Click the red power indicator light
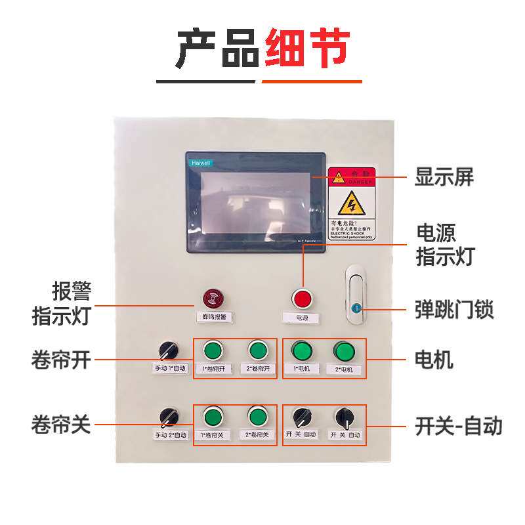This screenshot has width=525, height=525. coord(302,299)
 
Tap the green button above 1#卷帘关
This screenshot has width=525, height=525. coord(212,416)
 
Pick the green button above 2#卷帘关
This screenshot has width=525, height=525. coord(257,416)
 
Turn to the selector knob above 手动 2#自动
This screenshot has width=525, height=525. coord(169,416)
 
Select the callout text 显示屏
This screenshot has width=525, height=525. coord(444,177)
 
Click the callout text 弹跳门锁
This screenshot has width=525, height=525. coord(453,308)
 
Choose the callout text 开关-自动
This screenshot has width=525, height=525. coord(458,426)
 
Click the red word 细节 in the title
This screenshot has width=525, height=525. coord(306,49)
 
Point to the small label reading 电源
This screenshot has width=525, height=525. coord(302,318)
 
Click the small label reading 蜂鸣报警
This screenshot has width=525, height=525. coord(213,316)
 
